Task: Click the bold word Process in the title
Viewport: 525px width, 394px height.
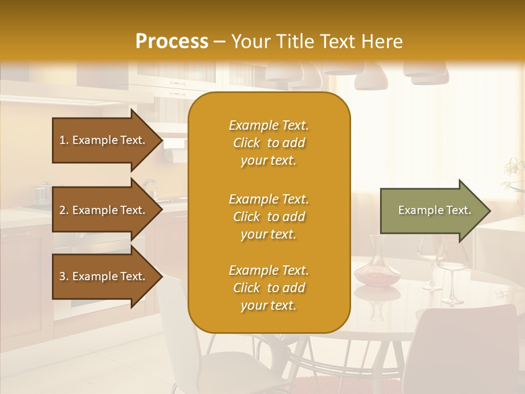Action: (x=172, y=42)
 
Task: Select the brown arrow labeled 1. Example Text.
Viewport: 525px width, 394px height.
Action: (x=104, y=140)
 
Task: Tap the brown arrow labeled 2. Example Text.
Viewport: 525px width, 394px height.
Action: (x=104, y=210)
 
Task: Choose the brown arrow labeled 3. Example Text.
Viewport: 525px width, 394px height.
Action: (x=104, y=276)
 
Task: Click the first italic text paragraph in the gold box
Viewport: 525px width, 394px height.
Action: (x=269, y=143)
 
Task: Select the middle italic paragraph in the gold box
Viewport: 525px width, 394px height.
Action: (x=269, y=217)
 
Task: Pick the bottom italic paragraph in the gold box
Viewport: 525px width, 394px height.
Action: (x=269, y=288)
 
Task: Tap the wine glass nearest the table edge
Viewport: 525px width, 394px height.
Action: (x=451, y=274)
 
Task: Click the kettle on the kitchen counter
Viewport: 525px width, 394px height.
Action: (x=149, y=189)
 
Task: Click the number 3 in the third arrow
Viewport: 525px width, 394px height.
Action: (x=62, y=276)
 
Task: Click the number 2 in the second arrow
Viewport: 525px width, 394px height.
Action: (x=62, y=210)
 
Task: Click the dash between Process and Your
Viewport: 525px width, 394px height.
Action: (x=219, y=42)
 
